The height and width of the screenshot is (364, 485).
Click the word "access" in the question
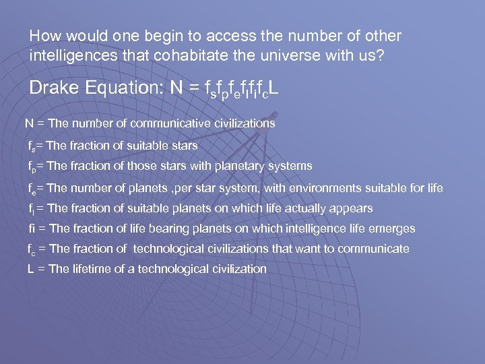[201, 36]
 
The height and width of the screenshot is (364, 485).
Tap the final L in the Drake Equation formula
[273, 88]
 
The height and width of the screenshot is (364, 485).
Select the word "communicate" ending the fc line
[373, 249]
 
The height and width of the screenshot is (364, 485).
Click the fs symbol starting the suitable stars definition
[31, 145]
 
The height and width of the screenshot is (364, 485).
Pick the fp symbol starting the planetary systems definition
[32, 166]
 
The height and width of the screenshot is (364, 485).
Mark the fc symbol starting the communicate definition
[32, 249]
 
